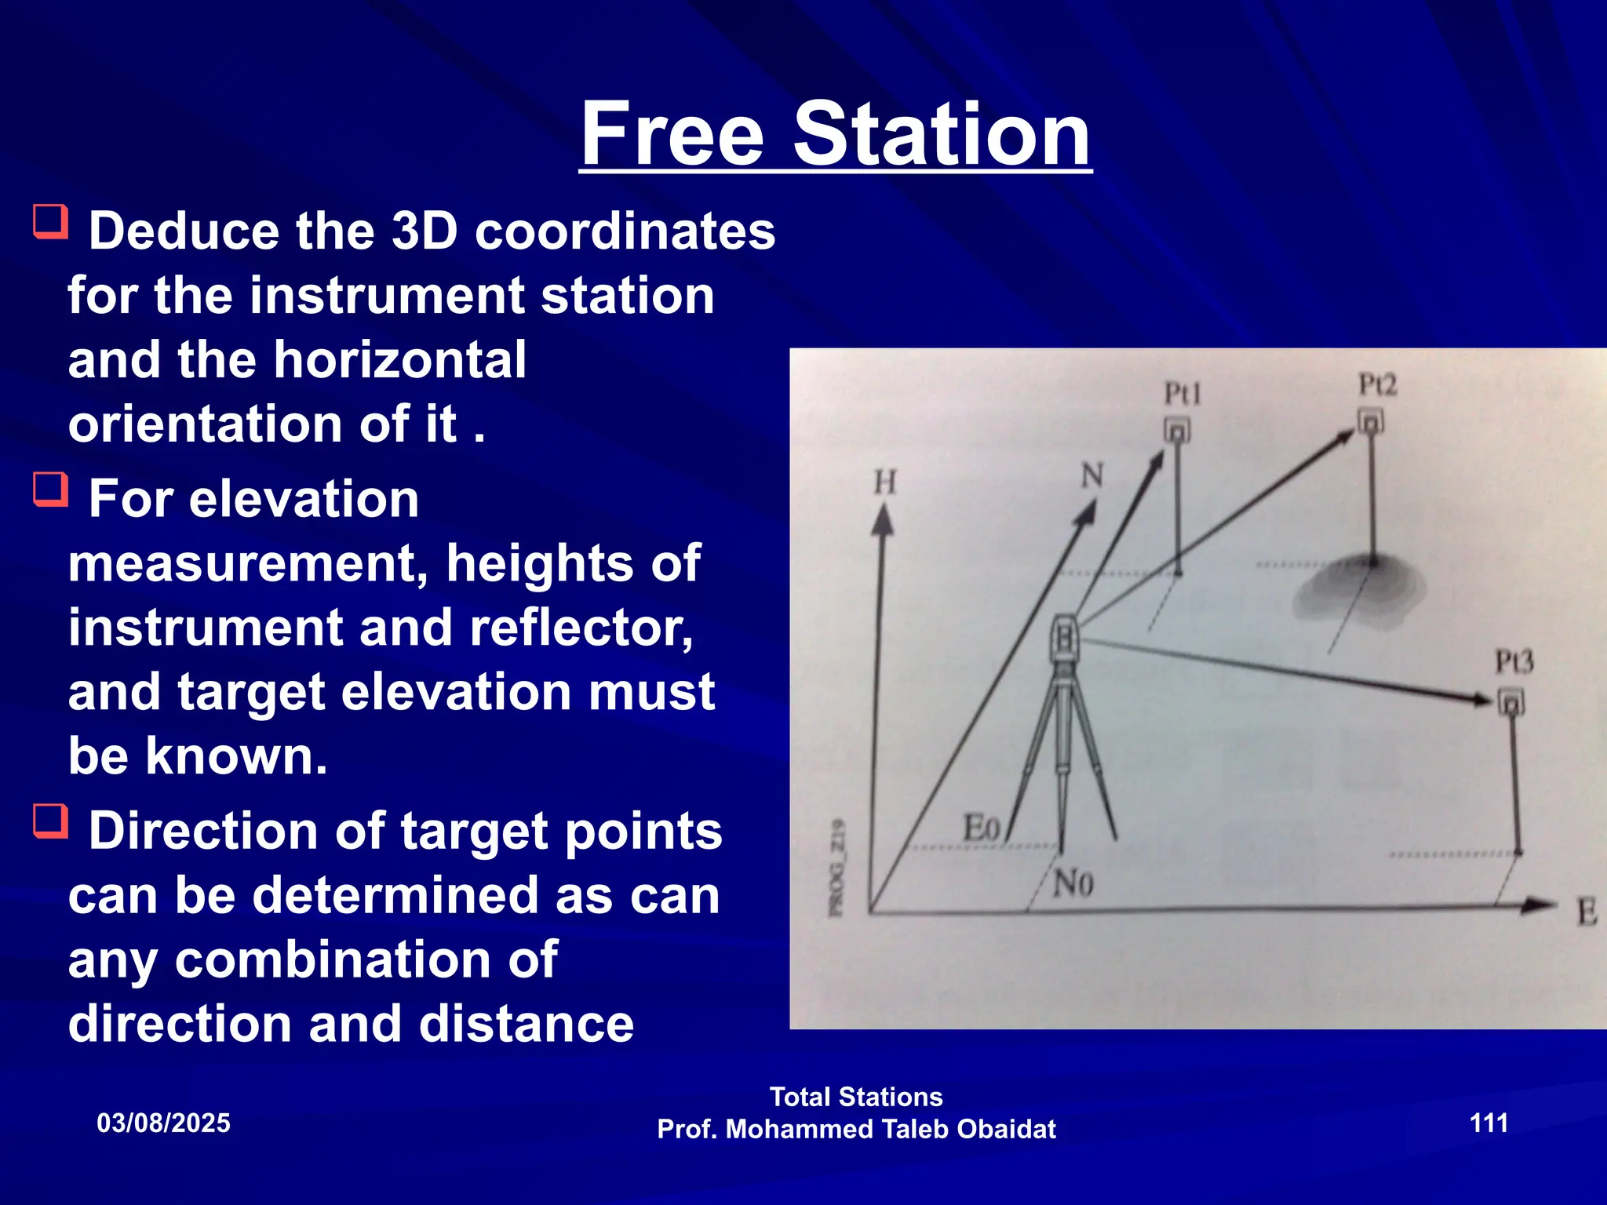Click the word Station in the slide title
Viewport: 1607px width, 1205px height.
942,135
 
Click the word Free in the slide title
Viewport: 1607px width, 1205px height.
672,135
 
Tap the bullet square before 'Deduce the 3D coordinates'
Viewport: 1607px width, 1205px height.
51,222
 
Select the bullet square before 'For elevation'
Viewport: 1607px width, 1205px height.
51,490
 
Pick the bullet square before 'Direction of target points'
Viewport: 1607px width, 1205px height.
51,821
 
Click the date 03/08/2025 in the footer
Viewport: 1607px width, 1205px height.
163,1123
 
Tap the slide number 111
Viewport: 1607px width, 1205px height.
1489,1123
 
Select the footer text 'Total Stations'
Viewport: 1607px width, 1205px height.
856,1097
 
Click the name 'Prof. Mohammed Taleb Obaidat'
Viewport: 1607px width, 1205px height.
856,1130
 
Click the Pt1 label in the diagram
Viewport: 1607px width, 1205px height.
1182,393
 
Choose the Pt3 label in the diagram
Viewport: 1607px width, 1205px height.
1514,662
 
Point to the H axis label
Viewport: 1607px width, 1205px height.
885,482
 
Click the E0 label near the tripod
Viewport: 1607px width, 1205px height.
981,828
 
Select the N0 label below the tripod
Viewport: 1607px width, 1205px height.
1073,884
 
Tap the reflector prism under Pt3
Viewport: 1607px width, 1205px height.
1510,702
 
